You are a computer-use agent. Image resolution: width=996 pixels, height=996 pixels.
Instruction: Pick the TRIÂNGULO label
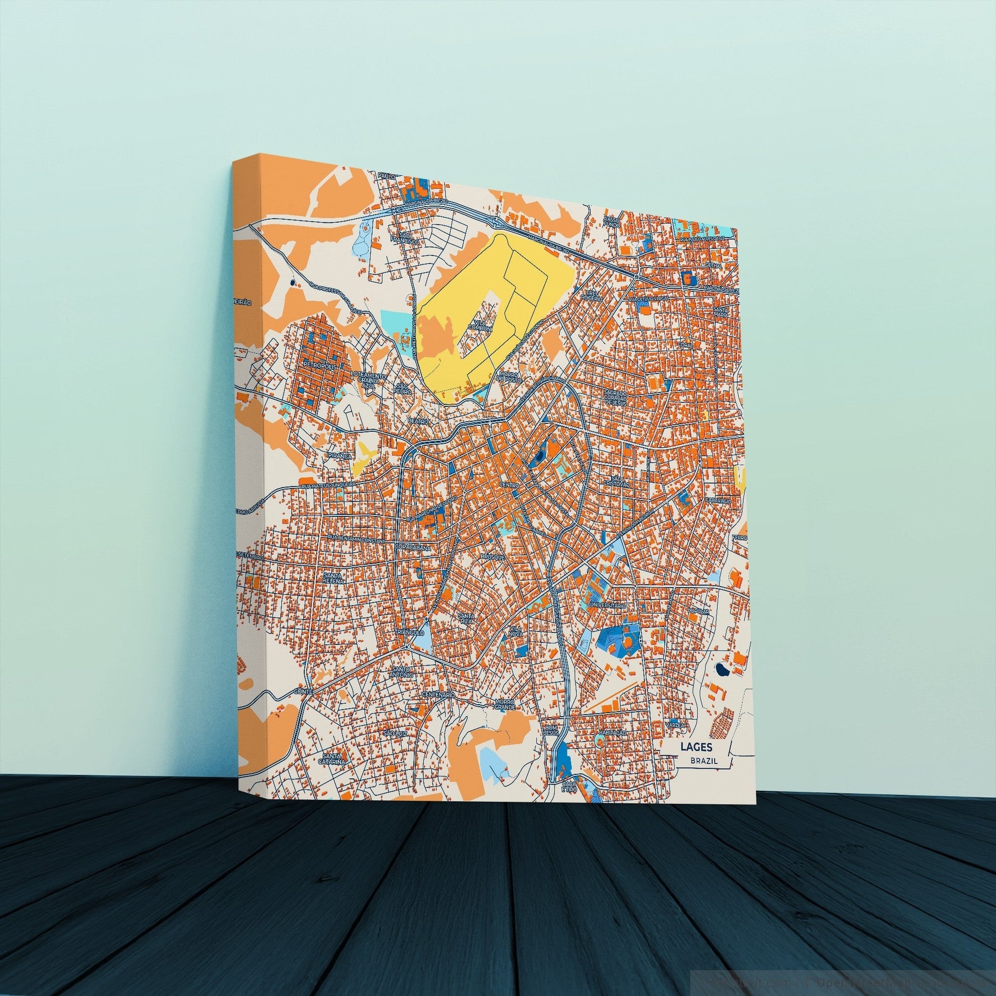409,632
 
